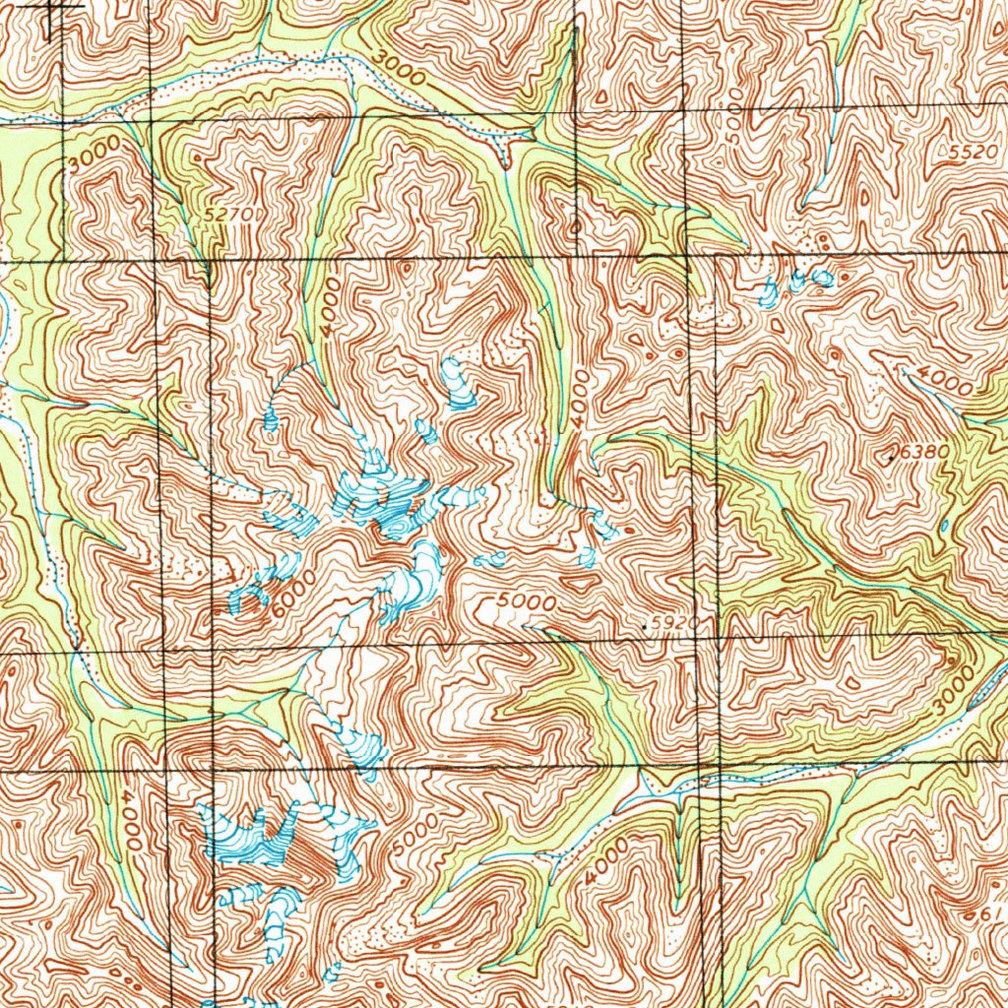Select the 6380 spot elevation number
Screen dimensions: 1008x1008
923,450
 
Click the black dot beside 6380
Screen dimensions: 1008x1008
892,459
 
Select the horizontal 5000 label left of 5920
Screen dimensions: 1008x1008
527,601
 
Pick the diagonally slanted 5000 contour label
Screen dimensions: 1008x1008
409,837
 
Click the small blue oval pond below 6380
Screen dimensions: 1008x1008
943,527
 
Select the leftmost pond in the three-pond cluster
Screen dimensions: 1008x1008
771,289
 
